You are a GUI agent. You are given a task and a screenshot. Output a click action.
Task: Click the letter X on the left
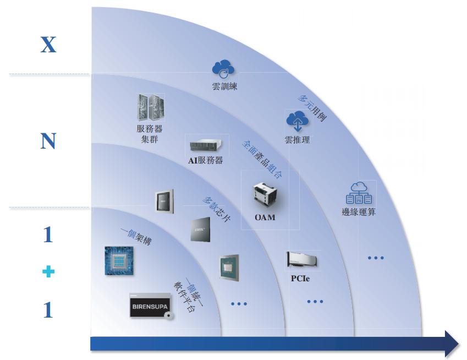[x=48, y=44]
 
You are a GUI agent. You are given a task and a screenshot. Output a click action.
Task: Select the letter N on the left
[x=48, y=142]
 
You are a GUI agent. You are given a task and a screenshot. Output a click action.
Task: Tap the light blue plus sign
[x=48, y=272]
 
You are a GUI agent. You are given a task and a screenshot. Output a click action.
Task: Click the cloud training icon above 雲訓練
[x=223, y=70]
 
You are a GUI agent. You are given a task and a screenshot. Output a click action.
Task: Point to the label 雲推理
[x=297, y=140]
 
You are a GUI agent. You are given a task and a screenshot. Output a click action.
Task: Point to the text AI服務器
[x=205, y=161]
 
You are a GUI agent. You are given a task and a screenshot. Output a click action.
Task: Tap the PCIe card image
[x=302, y=261]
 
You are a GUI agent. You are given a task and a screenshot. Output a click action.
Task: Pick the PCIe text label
[x=300, y=279]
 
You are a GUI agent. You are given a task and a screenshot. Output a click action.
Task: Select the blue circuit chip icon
[x=119, y=260]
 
